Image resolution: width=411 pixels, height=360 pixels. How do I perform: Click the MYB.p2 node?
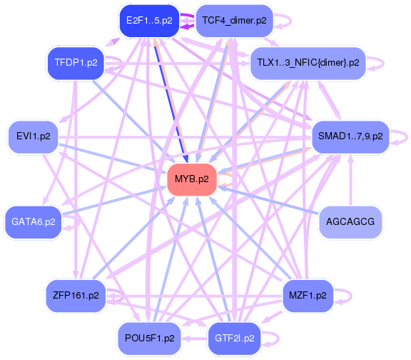192,179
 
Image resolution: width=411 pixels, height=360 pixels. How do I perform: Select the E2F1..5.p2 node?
149,21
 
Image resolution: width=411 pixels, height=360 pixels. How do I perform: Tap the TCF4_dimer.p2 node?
234,21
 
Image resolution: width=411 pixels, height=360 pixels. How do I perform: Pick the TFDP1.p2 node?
76,63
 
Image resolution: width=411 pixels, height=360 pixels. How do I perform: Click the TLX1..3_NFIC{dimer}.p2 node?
308,63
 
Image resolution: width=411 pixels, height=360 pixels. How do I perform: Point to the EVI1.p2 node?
34,136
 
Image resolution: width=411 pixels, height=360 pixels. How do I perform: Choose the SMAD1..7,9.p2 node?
350,136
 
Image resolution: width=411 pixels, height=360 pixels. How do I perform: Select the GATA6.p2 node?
34,222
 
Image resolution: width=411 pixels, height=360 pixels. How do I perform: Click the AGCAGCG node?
350,222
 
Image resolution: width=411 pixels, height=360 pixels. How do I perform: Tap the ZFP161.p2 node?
76,296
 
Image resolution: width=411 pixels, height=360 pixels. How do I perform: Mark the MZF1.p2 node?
308,296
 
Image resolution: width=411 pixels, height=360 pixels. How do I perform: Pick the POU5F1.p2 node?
149,339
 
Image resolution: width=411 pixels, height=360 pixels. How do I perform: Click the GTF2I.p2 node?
234,339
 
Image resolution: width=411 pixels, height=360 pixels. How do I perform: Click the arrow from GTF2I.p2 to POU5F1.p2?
195,339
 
